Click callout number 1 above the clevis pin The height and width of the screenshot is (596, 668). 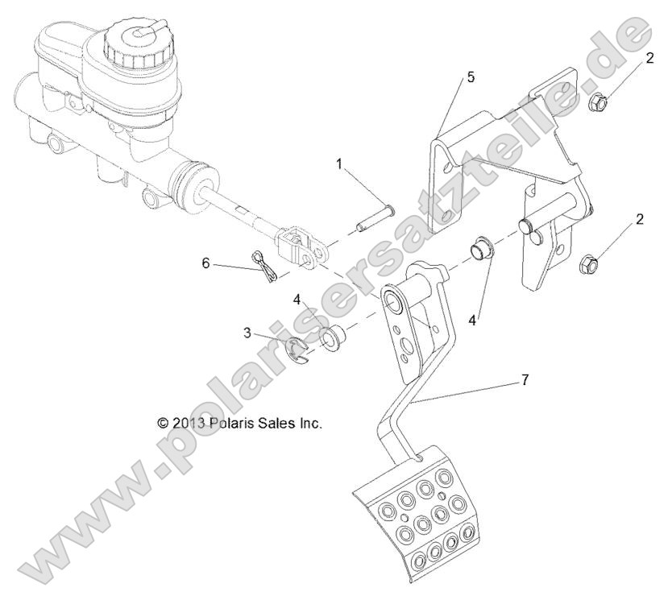point(339,163)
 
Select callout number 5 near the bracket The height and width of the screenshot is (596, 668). point(470,77)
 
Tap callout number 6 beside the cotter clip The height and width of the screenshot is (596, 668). point(205,263)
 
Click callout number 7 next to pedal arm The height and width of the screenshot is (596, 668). point(525,379)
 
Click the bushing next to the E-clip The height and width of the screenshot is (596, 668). point(332,338)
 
